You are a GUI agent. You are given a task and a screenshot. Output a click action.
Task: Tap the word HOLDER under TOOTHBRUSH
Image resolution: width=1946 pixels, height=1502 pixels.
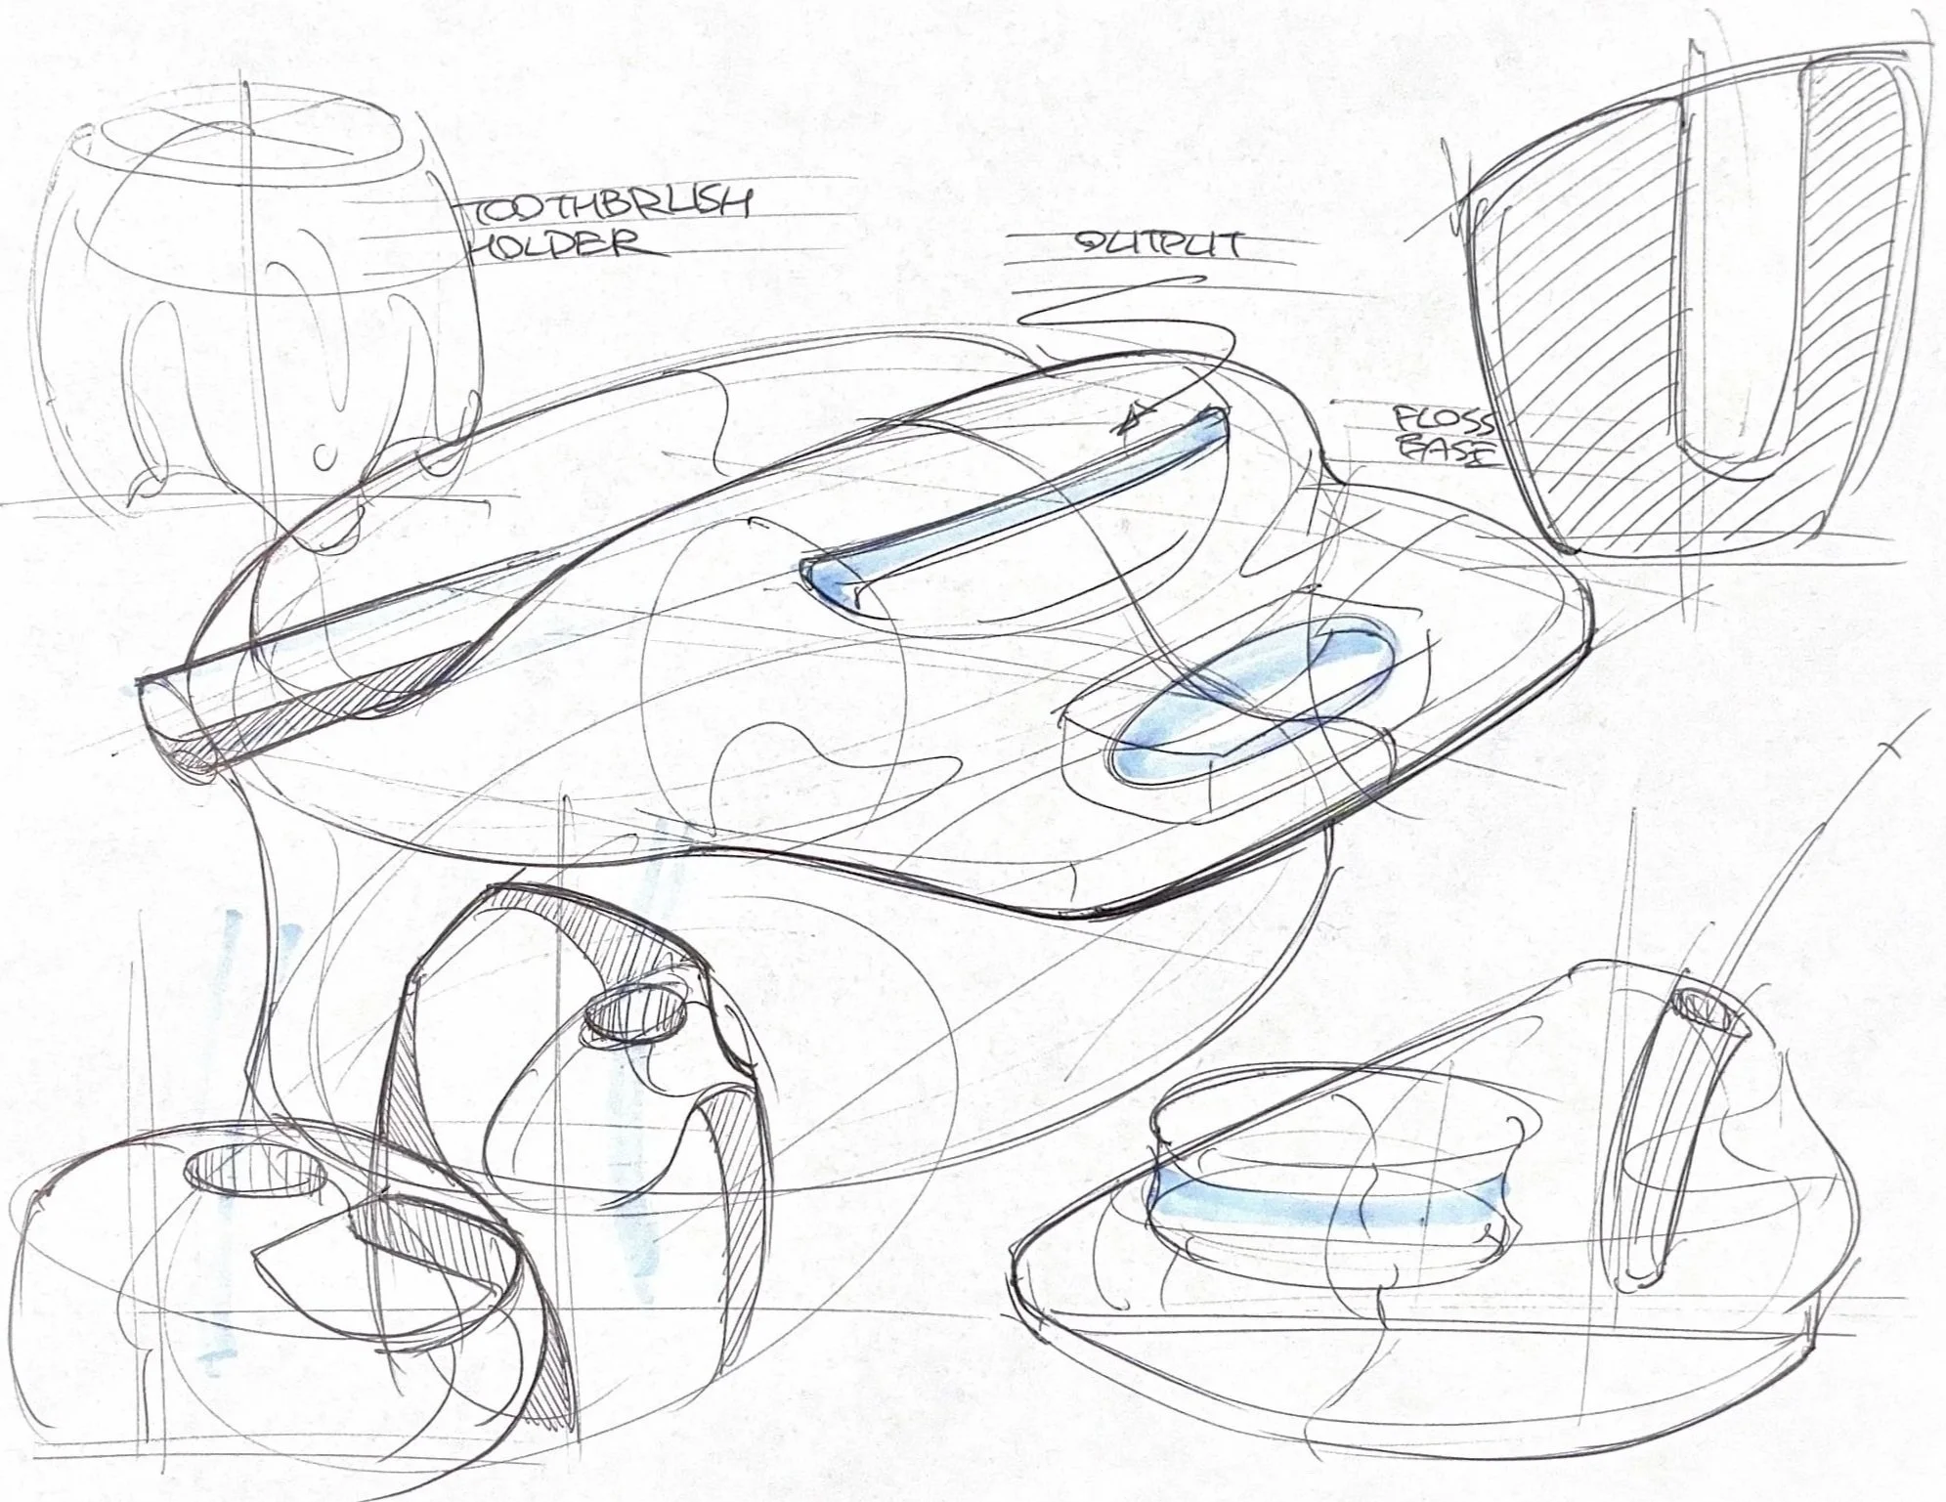tap(557, 244)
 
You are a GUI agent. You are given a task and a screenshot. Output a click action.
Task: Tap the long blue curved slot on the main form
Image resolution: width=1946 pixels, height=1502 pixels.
tap(1007, 508)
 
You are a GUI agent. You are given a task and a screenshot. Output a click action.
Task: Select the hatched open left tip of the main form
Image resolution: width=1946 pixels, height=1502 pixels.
tap(186, 743)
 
